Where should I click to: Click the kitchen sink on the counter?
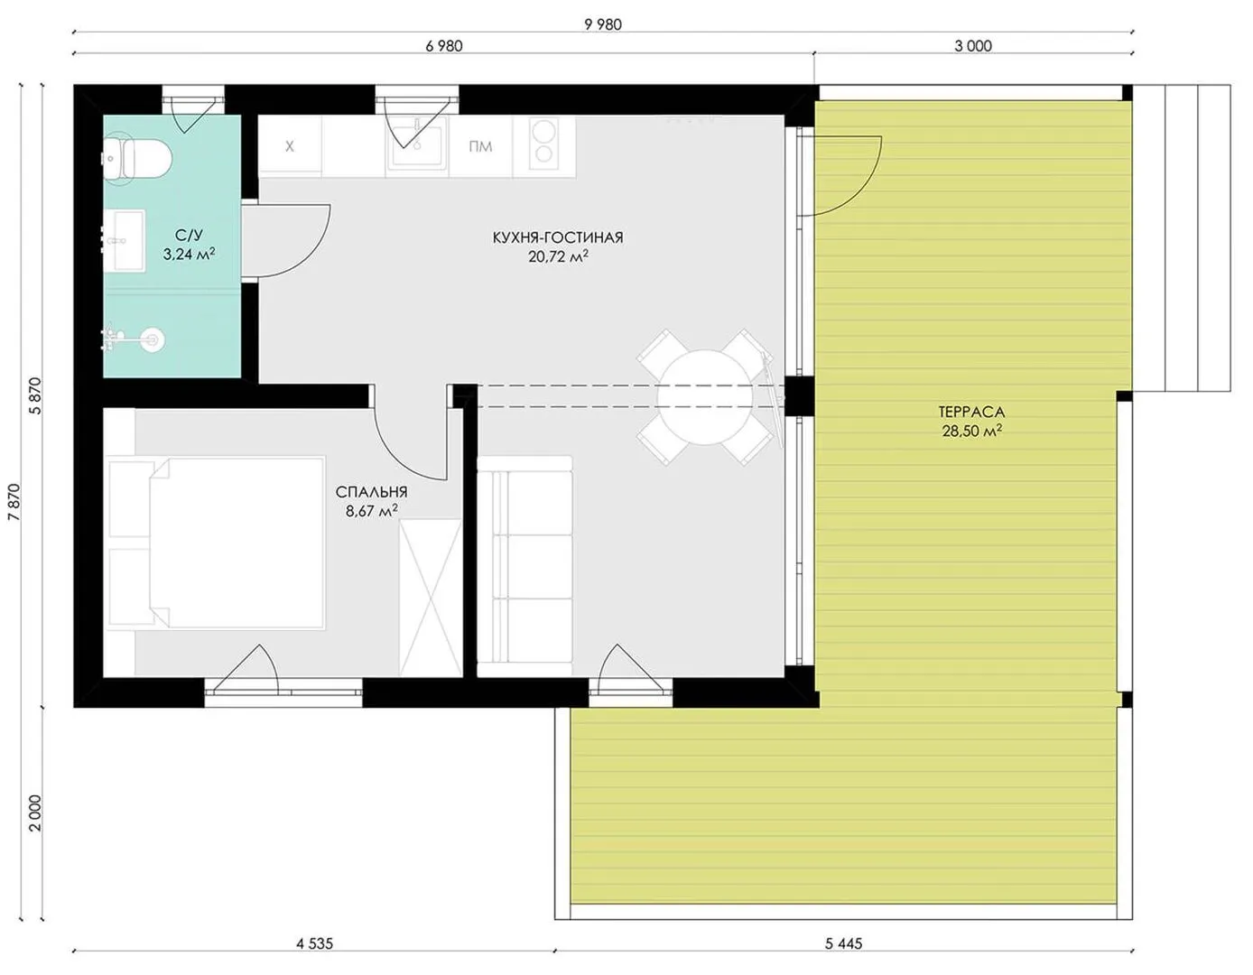click(x=417, y=147)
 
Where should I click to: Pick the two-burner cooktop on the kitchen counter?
click(x=543, y=144)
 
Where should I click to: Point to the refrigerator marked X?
click(x=290, y=146)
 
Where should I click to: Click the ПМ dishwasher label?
click(x=480, y=146)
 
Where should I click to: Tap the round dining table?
click(x=705, y=397)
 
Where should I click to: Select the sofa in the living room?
click(x=524, y=566)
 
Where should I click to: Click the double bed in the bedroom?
click(x=217, y=543)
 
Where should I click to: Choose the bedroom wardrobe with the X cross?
click(x=431, y=598)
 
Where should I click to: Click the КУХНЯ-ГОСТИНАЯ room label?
click(x=558, y=237)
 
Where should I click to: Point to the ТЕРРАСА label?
click(x=971, y=412)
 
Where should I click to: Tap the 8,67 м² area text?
click(x=372, y=511)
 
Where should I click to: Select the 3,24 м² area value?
click(x=190, y=255)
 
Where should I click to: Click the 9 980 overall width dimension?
click(x=603, y=24)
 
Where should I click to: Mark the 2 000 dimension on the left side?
click(x=36, y=813)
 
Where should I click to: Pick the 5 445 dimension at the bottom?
click(x=843, y=943)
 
